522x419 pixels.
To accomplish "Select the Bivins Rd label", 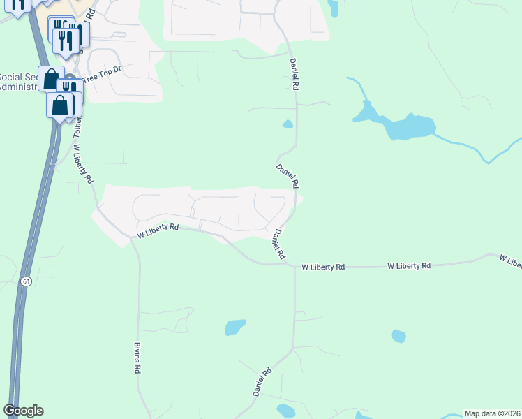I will (x=137, y=358).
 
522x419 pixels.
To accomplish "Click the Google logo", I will (x=23, y=411).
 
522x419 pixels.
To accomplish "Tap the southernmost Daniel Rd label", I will (x=262, y=383).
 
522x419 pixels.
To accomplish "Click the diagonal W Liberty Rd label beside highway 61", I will (x=83, y=163).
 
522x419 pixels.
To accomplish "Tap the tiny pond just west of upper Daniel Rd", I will (x=288, y=125).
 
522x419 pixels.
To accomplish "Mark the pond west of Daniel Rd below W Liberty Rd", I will (x=235, y=327).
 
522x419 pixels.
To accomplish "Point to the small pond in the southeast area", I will (x=398, y=336).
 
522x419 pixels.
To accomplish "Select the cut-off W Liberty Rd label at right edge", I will (x=511, y=261).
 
